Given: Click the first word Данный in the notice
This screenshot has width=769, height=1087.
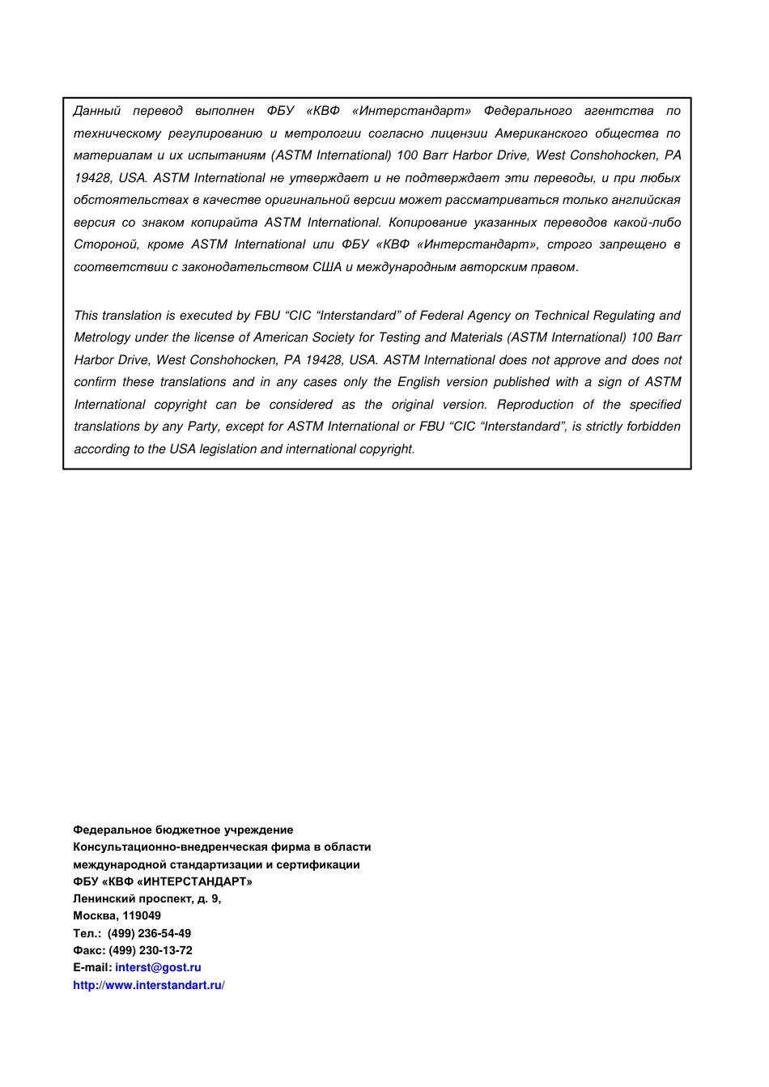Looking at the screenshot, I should click(97, 111).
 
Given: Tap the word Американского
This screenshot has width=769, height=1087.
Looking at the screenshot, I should click(541, 134).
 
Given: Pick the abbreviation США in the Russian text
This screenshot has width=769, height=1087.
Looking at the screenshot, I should click(327, 267).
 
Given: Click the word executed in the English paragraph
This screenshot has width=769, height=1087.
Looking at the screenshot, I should click(206, 316).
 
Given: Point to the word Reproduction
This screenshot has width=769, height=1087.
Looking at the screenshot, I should click(534, 405).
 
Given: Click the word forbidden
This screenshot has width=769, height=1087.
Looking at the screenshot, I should click(653, 427).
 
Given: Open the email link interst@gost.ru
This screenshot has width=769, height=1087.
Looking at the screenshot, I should click(158, 967).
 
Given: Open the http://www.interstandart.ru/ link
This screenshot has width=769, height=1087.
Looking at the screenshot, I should click(148, 985).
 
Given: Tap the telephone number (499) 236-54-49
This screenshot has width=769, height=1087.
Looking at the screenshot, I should click(149, 933).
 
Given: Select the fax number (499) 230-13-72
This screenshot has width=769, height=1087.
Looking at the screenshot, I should click(151, 950).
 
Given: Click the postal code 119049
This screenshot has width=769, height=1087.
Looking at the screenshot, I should click(142, 915).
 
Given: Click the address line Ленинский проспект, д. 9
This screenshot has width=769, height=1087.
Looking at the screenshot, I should click(147, 898).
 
